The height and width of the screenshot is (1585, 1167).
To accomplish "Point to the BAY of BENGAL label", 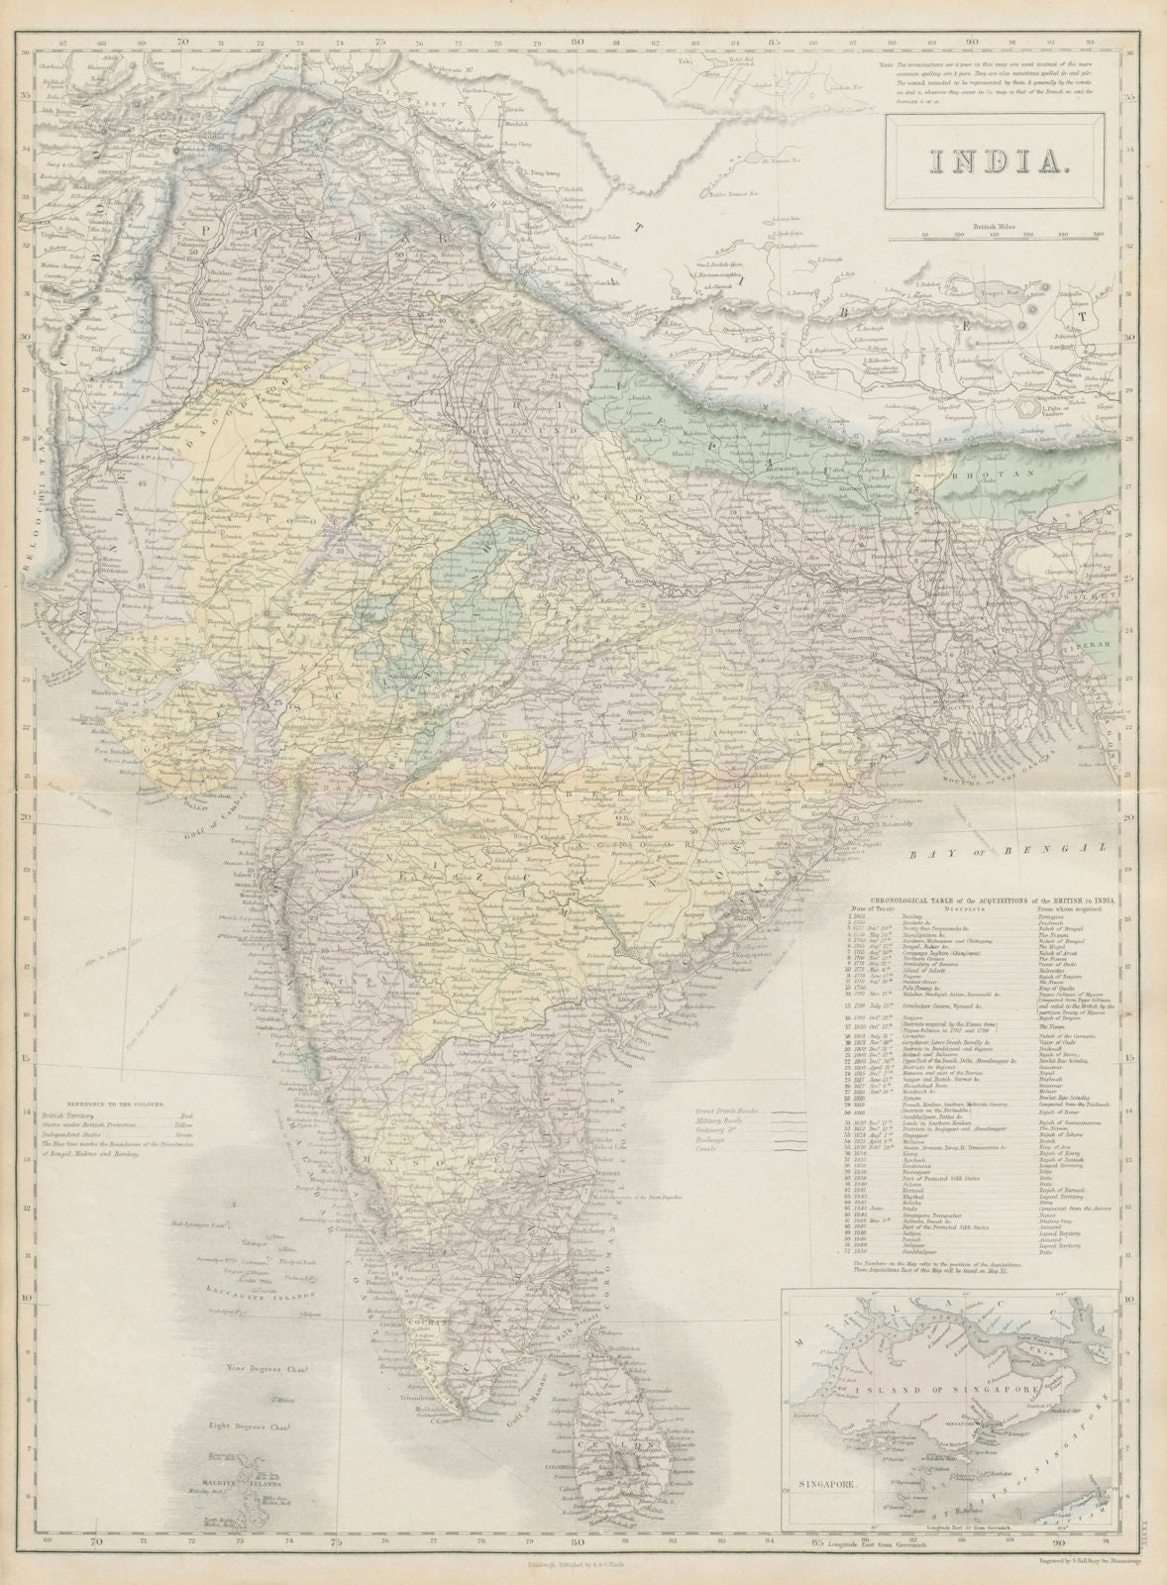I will pos(1016,850).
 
